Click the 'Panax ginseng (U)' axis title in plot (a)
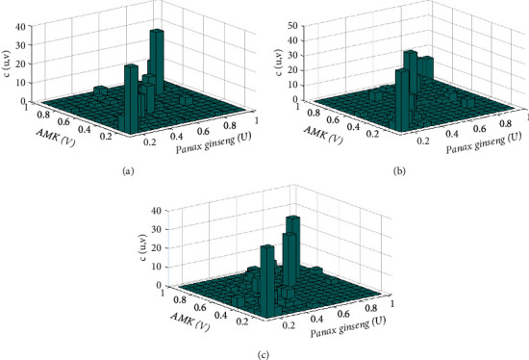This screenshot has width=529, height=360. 214,142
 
